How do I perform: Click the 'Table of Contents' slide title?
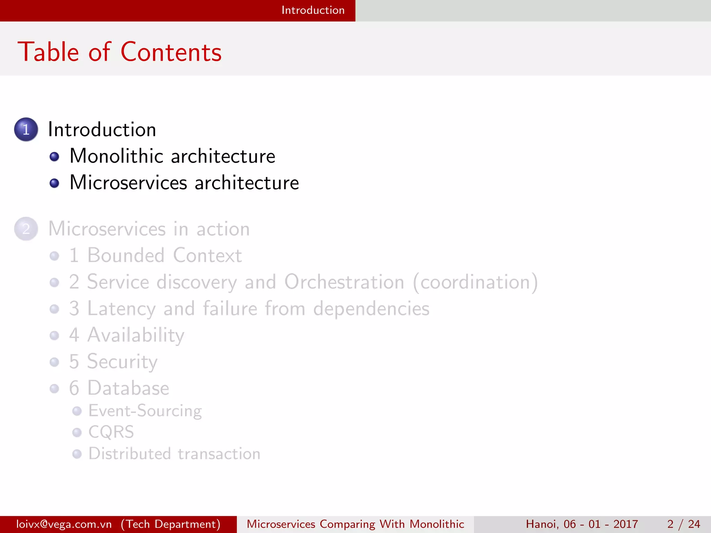119,52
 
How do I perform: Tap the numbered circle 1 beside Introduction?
26,129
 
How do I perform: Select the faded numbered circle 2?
26,229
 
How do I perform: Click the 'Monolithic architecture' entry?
172,156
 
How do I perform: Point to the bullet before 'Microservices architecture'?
54,183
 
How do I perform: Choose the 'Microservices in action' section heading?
149,229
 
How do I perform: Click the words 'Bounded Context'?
164,255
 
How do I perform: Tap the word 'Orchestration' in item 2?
344,282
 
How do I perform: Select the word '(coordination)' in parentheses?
475,282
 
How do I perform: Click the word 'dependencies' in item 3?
371,308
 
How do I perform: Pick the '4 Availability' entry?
127,335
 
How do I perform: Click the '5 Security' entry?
113,362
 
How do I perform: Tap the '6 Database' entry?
119,388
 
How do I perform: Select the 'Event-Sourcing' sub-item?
145,411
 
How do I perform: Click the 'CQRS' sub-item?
111,432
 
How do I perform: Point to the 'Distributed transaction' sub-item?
174,454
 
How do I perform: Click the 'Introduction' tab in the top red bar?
313,10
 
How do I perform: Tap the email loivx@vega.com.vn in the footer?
64,524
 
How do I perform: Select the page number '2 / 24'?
683,524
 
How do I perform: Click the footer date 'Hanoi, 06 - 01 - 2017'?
582,524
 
